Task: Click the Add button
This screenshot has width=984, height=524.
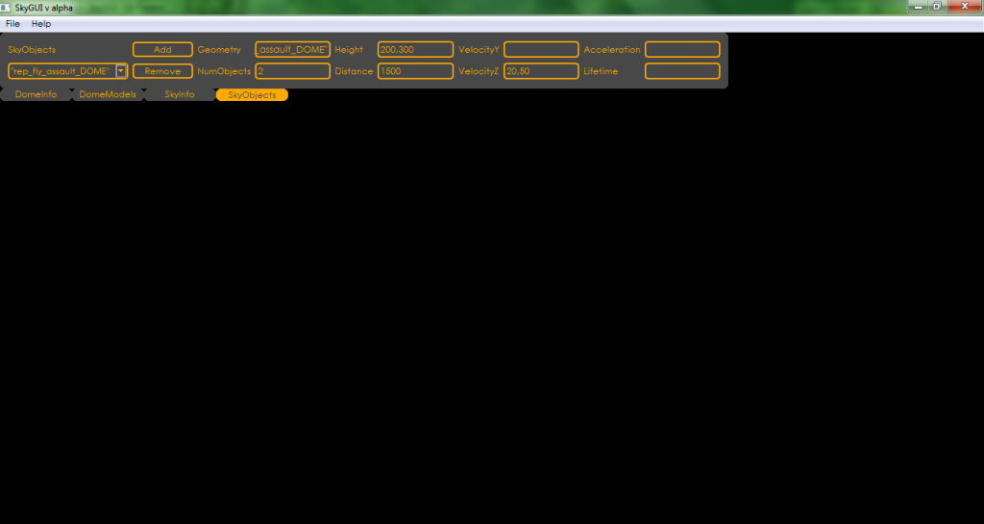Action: click(x=162, y=50)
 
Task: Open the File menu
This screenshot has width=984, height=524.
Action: click(x=12, y=24)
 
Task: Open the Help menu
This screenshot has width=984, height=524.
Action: click(x=41, y=24)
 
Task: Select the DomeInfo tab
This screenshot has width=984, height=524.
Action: click(x=36, y=95)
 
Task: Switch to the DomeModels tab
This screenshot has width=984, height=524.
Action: click(x=108, y=95)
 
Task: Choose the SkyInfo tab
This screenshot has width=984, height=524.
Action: click(x=180, y=95)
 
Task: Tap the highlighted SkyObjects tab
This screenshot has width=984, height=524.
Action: click(x=252, y=95)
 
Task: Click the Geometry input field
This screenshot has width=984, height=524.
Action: click(x=292, y=50)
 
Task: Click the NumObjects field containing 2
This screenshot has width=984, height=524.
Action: click(x=292, y=71)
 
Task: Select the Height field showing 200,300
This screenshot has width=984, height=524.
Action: click(x=415, y=50)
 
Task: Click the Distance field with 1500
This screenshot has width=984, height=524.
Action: click(x=415, y=71)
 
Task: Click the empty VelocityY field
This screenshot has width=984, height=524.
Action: click(x=541, y=50)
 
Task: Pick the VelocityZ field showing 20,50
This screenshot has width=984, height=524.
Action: click(x=541, y=71)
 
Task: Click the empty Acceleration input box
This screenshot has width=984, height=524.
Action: click(x=682, y=50)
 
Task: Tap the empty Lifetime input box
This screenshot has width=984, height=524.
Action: click(x=682, y=71)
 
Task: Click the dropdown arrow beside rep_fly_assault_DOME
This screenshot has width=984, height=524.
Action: click(x=121, y=71)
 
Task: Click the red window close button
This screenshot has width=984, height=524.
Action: click(x=965, y=7)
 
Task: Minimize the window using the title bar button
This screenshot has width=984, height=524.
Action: click(x=918, y=7)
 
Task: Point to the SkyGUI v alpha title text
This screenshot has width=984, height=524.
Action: click(x=44, y=8)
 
